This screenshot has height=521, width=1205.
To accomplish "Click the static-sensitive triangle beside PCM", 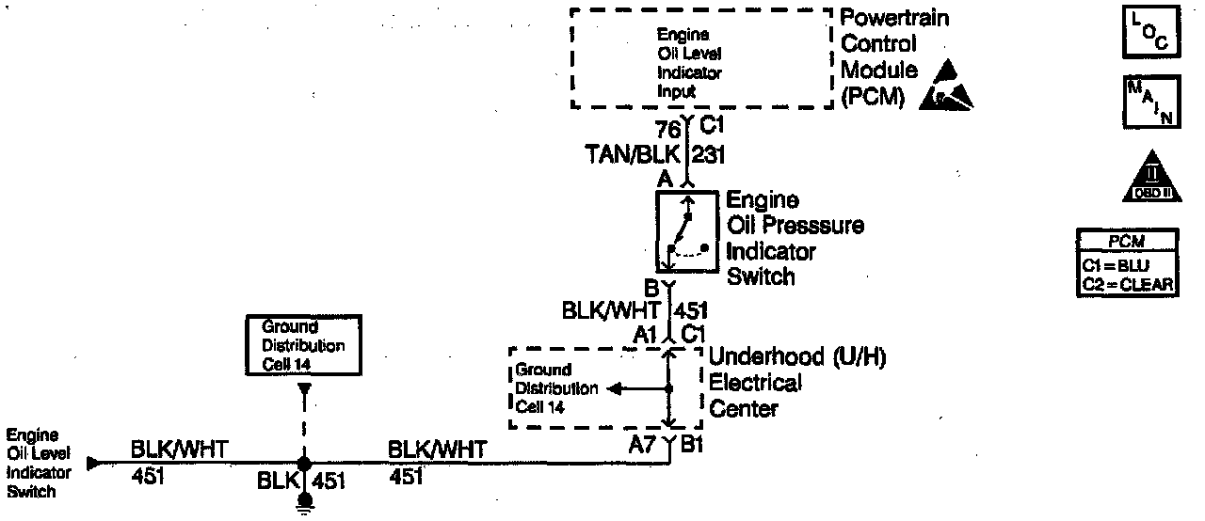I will (949, 86).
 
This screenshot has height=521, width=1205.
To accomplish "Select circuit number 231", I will (709, 153).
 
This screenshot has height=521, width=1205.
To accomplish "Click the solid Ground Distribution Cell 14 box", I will (302, 345).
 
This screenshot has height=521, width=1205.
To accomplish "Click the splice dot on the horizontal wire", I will (303, 464).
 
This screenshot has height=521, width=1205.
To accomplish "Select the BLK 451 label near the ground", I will (301, 482).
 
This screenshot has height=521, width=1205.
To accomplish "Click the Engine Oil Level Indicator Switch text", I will (33, 464).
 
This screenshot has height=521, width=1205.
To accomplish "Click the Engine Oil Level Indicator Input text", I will (689, 62).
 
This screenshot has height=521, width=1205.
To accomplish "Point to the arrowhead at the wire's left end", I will (92, 464).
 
